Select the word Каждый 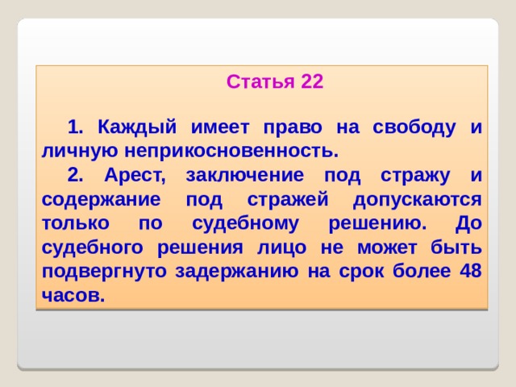(134, 127)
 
